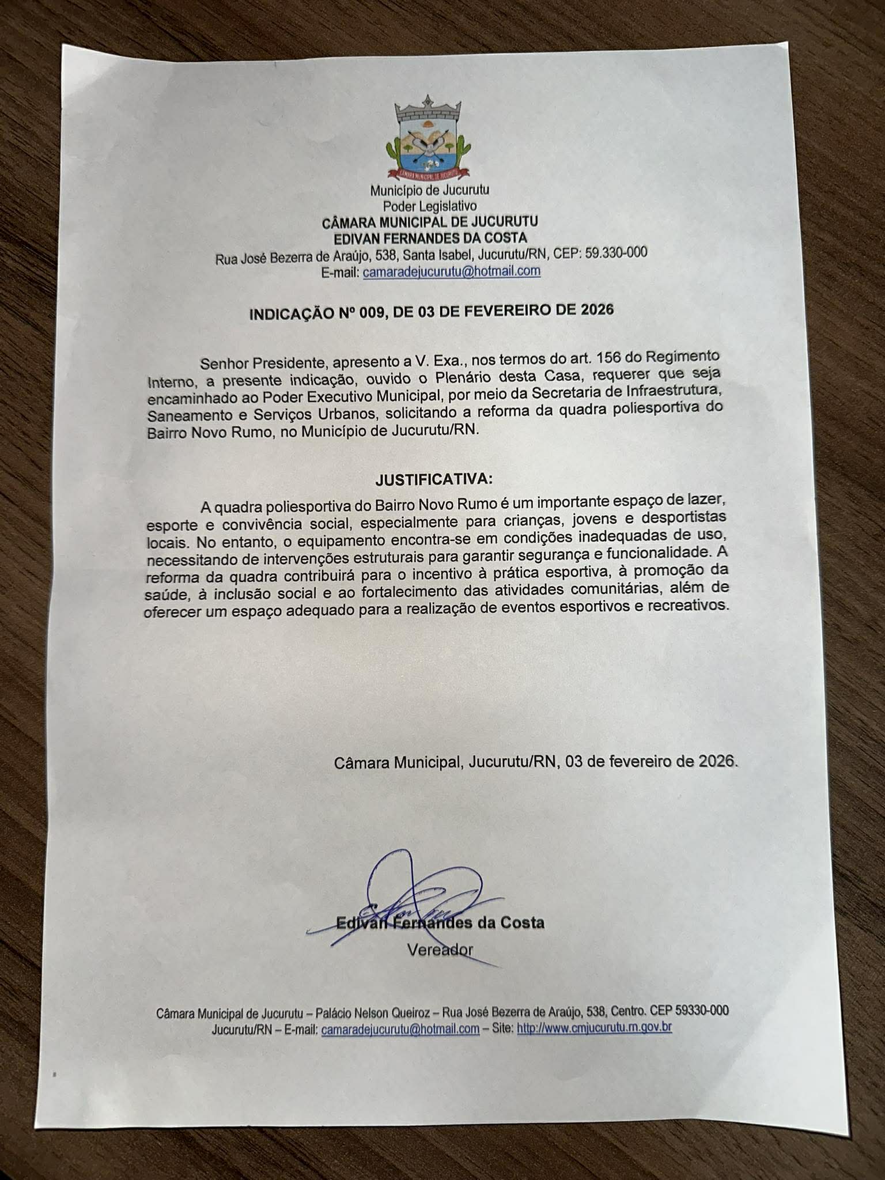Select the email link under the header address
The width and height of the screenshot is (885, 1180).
(451, 271)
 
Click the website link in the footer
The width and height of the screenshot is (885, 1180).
(595, 1028)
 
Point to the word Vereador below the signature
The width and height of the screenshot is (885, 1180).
(440, 949)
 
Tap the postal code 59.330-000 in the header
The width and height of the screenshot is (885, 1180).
(616, 253)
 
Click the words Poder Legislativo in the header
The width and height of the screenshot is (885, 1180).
(430, 206)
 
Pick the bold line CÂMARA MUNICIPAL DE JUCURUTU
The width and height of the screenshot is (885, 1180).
(429, 222)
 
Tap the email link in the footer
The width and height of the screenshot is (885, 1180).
(400, 1029)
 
